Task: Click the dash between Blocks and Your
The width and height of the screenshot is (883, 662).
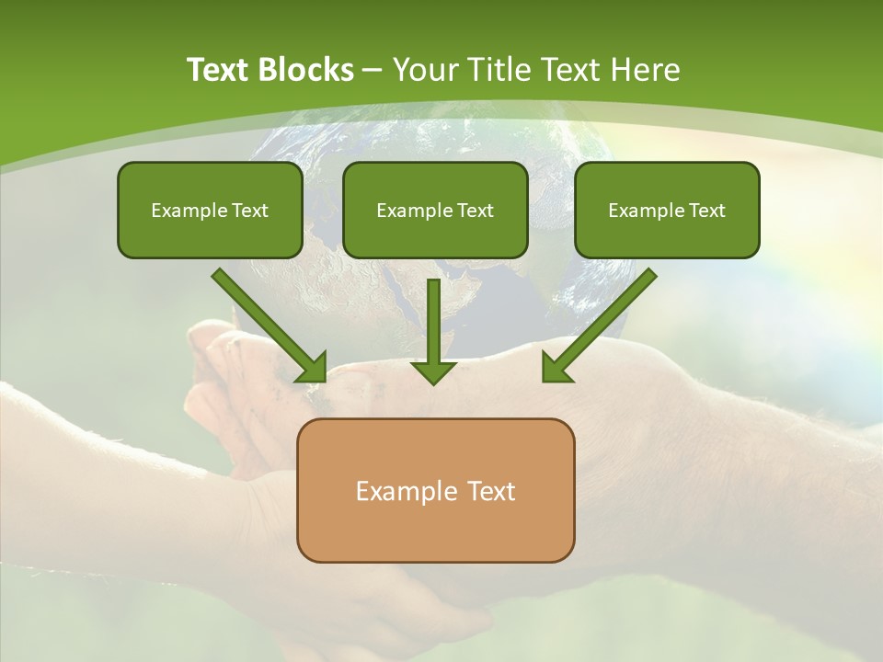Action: (x=373, y=71)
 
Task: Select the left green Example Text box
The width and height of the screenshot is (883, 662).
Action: (x=210, y=210)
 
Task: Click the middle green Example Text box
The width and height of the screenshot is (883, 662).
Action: (x=435, y=210)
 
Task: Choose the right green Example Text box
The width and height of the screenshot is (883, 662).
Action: (x=667, y=210)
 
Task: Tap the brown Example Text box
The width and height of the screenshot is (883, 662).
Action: (x=435, y=490)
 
